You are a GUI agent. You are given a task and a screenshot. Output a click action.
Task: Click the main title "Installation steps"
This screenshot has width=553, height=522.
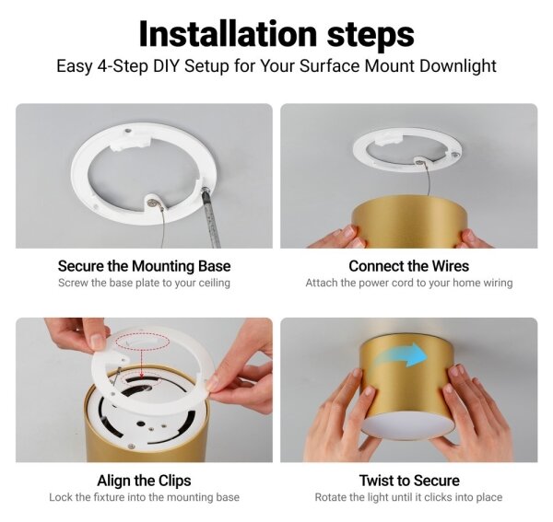pyautogui.click(x=276, y=34)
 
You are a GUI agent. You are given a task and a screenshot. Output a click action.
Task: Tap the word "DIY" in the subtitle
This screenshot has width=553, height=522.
pyautogui.click(x=166, y=66)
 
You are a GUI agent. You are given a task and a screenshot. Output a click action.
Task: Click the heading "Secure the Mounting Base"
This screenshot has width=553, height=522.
pyautogui.click(x=145, y=266)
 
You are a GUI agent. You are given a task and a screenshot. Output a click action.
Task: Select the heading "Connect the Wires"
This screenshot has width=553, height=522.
pyautogui.click(x=408, y=266)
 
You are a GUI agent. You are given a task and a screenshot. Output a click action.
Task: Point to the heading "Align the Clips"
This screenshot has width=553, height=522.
pyautogui.click(x=144, y=481)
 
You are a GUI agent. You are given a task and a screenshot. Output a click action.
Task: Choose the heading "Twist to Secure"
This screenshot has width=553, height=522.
pyautogui.click(x=409, y=481)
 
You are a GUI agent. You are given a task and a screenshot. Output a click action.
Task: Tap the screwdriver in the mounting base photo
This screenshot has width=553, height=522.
pyautogui.click(x=211, y=217)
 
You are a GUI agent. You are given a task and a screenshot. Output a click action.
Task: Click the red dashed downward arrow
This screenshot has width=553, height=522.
pyautogui.click(x=141, y=365)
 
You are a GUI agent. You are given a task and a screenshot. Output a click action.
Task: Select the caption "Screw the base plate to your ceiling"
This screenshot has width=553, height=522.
pyautogui.click(x=145, y=283)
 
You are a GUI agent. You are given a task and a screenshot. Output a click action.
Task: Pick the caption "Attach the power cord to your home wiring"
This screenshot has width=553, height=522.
pyautogui.click(x=409, y=283)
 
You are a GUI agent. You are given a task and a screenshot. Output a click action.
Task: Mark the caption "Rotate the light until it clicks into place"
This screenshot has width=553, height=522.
pyautogui.click(x=408, y=497)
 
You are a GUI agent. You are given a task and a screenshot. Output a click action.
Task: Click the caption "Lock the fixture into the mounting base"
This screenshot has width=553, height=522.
pyautogui.click(x=145, y=497)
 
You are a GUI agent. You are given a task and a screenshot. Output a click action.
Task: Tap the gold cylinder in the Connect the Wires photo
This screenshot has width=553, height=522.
pyautogui.click(x=409, y=223)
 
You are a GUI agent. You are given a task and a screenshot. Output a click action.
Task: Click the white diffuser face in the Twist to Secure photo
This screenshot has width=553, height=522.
pyautogui.click(x=408, y=427)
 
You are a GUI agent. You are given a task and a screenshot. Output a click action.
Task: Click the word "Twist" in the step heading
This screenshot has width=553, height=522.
pyautogui.click(x=376, y=481)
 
